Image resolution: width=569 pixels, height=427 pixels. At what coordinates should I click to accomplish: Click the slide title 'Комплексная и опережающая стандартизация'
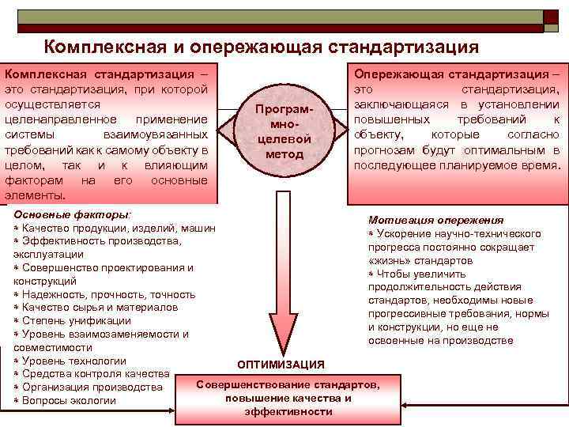[x=261, y=47]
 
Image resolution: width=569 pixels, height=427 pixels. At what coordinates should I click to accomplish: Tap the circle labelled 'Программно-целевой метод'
[x=284, y=130]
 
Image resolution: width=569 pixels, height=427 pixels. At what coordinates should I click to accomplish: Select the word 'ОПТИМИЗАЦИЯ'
[x=281, y=365]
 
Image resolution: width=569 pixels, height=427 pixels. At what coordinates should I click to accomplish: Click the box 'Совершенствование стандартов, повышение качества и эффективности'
[x=288, y=398]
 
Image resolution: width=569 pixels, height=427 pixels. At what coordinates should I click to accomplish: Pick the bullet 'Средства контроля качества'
[x=95, y=374]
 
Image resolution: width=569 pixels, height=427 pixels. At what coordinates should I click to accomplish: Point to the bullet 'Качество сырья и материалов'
[x=100, y=307]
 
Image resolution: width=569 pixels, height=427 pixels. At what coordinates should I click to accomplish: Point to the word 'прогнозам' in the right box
[x=382, y=150]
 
